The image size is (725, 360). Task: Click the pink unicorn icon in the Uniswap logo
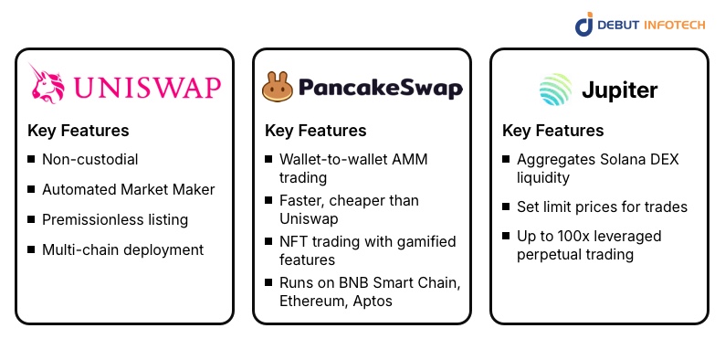[x=47, y=84]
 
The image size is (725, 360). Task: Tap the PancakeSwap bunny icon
[x=278, y=88]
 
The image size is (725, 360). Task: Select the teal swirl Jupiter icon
[x=553, y=90]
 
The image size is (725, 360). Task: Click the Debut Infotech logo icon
[x=584, y=25]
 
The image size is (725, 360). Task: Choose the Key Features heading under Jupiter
[x=552, y=131]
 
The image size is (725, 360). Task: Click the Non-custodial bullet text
[x=89, y=159]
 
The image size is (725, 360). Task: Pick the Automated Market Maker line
[x=128, y=189]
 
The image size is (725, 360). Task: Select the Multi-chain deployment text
[x=122, y=249]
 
